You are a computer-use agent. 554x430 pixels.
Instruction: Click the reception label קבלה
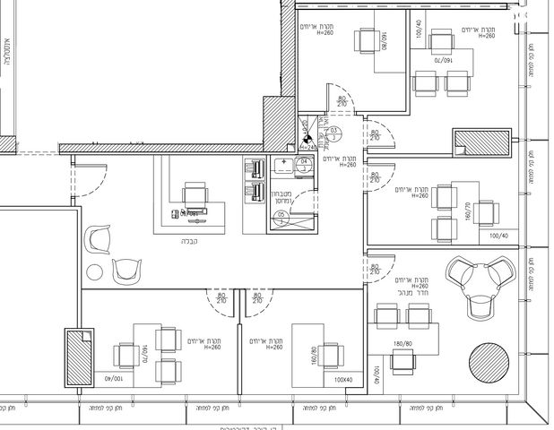pyautogui.click(x=189, y=241)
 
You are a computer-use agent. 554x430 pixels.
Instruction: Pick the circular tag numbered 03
pyautogui.click(x=333, y=131)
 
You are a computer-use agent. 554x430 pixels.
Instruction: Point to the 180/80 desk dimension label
pyautogui.click(x=402, y=343)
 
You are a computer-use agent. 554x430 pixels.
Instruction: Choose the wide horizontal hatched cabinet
pyautogui.click(x=481, y=143)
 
